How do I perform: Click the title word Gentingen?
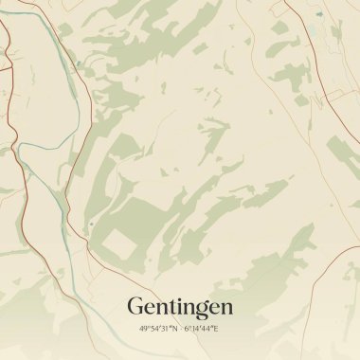pos(179,308)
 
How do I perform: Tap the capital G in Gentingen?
pos(135,307)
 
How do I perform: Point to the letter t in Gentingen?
pos(171,308)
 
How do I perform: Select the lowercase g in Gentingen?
pos(200,311)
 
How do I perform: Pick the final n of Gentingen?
pos(225,309)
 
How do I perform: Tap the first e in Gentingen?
pos(150,309)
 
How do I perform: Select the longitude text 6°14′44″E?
pos(201,329)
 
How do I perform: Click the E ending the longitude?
pos(216,329)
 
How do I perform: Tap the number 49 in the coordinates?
pos(143,329)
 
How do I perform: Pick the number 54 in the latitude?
pos(153,329)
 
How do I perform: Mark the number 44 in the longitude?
pos(207,329)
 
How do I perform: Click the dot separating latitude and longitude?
pos(180,329)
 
